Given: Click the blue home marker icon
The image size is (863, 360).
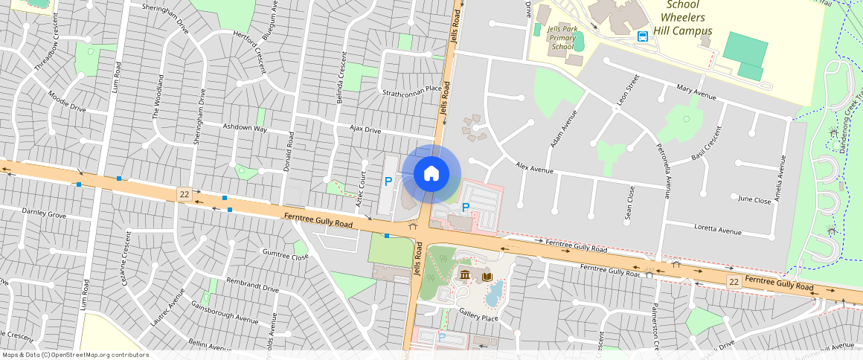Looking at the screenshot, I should [x=431, y=174].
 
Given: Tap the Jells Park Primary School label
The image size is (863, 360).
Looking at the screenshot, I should [x=562, y=37].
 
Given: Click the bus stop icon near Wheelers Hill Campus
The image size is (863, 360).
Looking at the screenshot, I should [x=642, y=36].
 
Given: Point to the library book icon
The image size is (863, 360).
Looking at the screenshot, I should [x=487, y=277].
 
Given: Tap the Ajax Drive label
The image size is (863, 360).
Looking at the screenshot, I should [x=365, y=130].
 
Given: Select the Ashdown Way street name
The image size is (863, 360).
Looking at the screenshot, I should [x=249, y=128].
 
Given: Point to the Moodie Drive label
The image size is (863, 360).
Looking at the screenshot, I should [x=67, y=103].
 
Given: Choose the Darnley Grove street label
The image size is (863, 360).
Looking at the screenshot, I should [x=44, y=213].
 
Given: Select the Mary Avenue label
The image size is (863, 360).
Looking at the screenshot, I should [x=696, y=92].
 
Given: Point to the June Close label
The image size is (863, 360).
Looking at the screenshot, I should [x=754, y=199].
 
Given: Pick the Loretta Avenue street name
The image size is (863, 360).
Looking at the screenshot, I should [x=718, y=231].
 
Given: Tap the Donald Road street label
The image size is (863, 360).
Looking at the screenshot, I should [x=288, y=152].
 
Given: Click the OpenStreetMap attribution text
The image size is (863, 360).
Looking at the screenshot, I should [x=74, y=355].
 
